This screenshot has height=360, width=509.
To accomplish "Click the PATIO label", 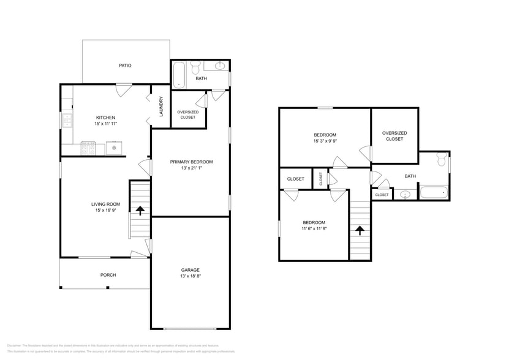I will [x=125, y=66].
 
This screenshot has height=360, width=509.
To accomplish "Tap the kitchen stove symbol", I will [x=88, y=148].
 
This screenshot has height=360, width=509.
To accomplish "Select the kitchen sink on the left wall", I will [x=67, y=121].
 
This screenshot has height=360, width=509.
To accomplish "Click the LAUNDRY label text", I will [x=160, y=107].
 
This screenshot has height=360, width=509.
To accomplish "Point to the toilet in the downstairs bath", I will [x=195, y=68].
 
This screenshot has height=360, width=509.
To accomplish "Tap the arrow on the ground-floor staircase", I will [x=140, y=211].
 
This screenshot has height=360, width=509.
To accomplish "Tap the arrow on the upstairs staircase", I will [x=360, y=231].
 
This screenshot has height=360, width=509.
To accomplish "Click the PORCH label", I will [x=108, y=275].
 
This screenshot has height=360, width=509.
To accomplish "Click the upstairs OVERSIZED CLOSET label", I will [x=394, y=136].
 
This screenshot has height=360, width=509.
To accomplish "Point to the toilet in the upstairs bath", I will [x=441, y=160].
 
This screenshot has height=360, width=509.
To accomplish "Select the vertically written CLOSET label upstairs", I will [x=320, y=179].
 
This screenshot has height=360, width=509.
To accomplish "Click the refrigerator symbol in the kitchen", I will [x=115, y=148].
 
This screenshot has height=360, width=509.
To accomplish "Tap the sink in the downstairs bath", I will [x=220, y=66].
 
